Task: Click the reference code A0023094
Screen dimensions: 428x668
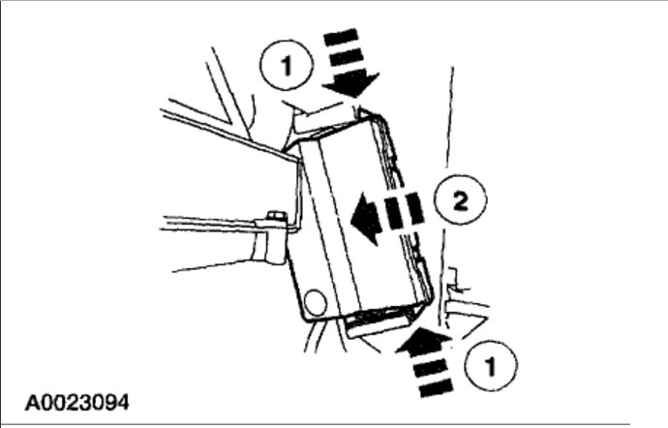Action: [x=78, y=400]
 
